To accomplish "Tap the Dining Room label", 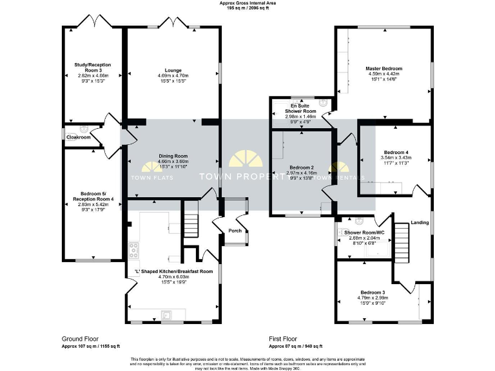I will (173, 156).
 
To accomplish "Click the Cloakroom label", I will (78, 137).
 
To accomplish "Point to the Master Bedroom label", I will (384, 68).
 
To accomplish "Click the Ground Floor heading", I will (80, 338).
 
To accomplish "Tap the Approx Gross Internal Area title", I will (247, 3).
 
